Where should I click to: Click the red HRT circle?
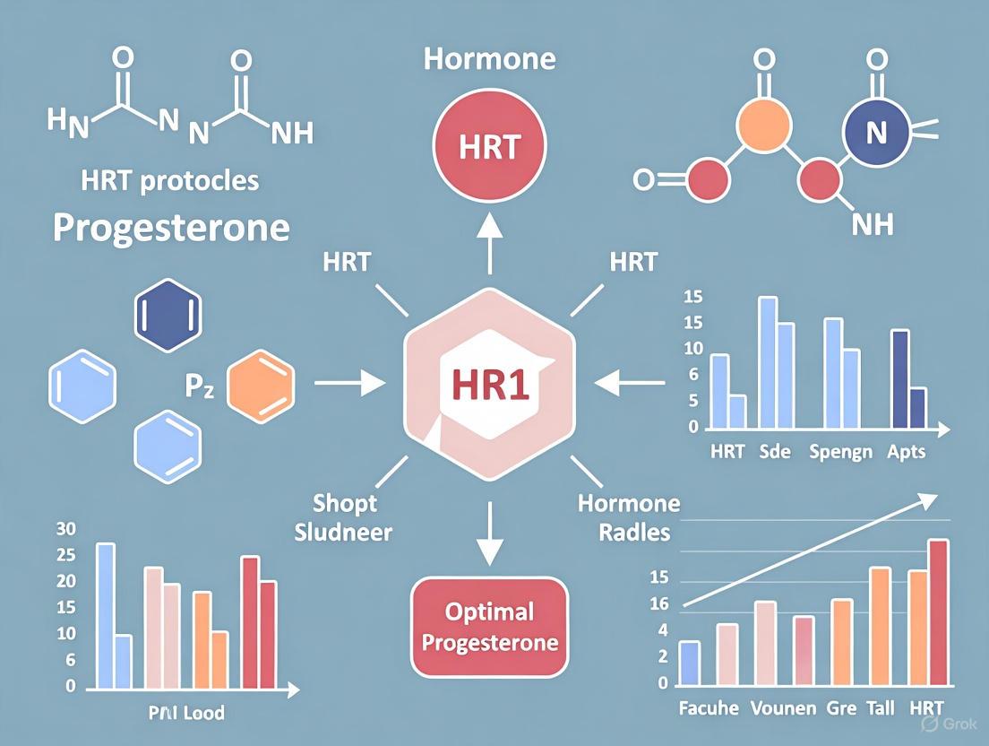pyautogui.click(x=489, y=147)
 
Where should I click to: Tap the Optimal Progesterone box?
pyautogui.click(x=489, y=628)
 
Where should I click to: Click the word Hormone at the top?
pyautogui.click(x=489, y=60)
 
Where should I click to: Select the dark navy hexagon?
pyautogui.click(x=168, y=317)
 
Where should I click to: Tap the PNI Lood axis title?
pyautogui.click(x=186, y=714)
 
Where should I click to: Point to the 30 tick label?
pyautogui.click(x=65, y=528)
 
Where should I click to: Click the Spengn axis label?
pyautogui.click(x=840, y=451)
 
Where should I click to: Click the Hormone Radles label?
pyautogui.click(x=628, y=517)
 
